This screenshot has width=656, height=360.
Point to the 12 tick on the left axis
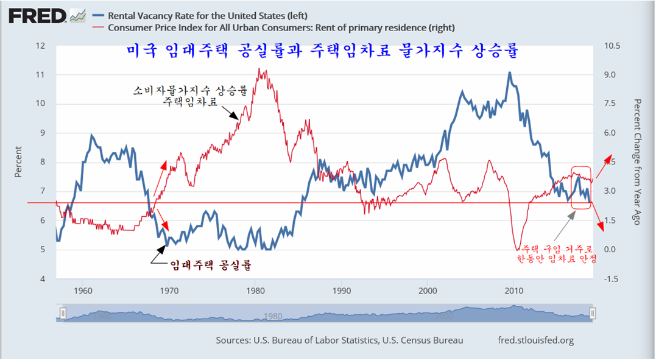tap(41, 46)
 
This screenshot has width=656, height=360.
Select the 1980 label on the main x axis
tap(256, 289)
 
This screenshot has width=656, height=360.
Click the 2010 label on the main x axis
tap(513, 289)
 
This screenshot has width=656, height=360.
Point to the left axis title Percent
tap(18, 162)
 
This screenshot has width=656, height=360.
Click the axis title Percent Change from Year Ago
tap(637, 162)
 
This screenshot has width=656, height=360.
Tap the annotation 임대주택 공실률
tap(211, 264)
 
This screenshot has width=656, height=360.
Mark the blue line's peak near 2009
tap(509, 72)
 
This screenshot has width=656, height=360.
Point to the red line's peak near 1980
tap(260, 69)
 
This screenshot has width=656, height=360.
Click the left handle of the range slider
tap(62, 313)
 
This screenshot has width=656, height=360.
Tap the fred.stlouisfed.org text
tap(536, 340)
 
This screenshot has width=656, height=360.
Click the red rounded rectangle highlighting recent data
tap(581, 188)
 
